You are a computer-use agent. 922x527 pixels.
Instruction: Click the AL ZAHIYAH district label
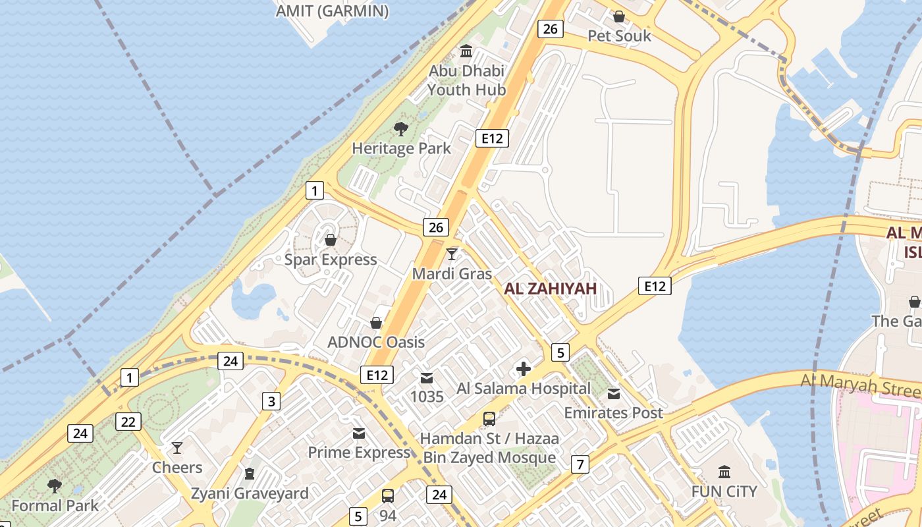click(550, 288)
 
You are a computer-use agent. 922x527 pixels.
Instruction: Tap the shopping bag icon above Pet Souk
click(618, 16)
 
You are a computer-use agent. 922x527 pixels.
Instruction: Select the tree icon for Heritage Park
click(400, 129)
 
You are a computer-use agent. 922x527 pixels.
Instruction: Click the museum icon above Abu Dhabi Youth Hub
click(466, 51)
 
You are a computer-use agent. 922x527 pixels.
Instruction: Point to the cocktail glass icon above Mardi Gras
click(452, 254)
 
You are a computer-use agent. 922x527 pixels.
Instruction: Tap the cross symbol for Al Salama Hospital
click(524, 369)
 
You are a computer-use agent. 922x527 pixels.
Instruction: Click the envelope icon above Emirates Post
click(614, 394)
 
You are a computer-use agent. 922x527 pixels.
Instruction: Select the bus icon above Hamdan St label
click(489, 418)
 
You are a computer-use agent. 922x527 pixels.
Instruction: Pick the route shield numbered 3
click(271, 401)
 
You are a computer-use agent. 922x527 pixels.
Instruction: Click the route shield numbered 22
click(128, 422)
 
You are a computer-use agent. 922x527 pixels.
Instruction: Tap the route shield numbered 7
click(580, 464)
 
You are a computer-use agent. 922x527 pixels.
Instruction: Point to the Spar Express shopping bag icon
click(331, 240)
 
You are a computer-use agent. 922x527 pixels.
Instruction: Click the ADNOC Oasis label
click(376, 343)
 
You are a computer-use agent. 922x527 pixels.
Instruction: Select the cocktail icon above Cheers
click(177, 448)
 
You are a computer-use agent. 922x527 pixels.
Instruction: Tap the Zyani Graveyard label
click(250, 493)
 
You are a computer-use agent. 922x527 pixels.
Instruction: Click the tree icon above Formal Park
click(55, 486)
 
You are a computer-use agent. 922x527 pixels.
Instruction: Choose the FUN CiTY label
click(724, 491)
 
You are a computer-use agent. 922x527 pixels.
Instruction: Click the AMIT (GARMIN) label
click(332, 11)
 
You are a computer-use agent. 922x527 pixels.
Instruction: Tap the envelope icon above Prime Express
click(359, 433)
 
